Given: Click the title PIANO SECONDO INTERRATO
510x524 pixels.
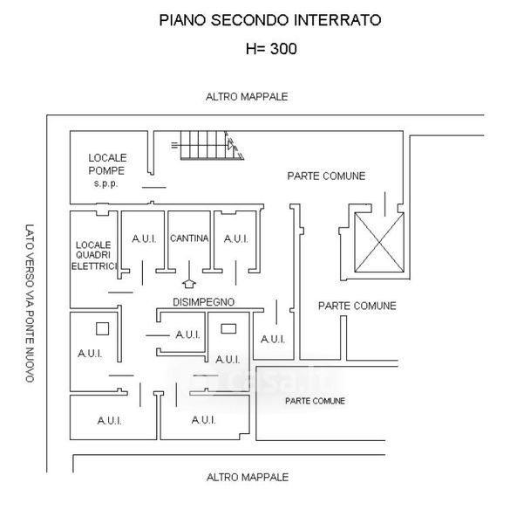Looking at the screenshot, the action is coord(270,20).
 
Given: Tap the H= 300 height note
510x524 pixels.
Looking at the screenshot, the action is coord(271,49).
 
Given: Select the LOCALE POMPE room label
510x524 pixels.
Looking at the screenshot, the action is coord(107,164).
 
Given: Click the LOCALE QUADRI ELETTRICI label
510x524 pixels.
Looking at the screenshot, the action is coord(94,256).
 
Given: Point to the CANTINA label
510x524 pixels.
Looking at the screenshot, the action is coord(189,238).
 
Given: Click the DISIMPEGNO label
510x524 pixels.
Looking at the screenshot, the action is coord(204,302).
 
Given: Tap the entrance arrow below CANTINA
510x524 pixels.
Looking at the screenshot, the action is coord(189,274).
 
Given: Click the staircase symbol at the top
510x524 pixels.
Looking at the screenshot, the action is coord(208,145).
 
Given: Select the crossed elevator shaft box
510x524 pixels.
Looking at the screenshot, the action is coord(379,243).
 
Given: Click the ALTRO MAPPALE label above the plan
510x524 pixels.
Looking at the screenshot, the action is coord(247,97).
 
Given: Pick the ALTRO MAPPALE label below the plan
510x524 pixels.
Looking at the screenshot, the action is coord(248,477).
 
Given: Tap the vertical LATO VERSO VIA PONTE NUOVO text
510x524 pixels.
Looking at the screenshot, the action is coord(30,303).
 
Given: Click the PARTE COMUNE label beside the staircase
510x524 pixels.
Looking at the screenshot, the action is coord(326,176).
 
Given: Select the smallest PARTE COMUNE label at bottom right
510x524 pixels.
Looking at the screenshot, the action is coord(315,401).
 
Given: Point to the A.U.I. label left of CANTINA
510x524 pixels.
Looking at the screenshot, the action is coord(144,239).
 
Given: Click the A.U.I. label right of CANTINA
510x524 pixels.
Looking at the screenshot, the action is coord(236,239).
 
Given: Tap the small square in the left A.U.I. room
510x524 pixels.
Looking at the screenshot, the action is coord(102,329).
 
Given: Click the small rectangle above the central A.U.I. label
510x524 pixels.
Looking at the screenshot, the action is coord(228,329).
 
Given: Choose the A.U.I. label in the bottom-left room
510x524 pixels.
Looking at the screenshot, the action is coord(110,421).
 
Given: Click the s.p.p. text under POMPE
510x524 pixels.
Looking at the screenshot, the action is coord(105,183).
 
